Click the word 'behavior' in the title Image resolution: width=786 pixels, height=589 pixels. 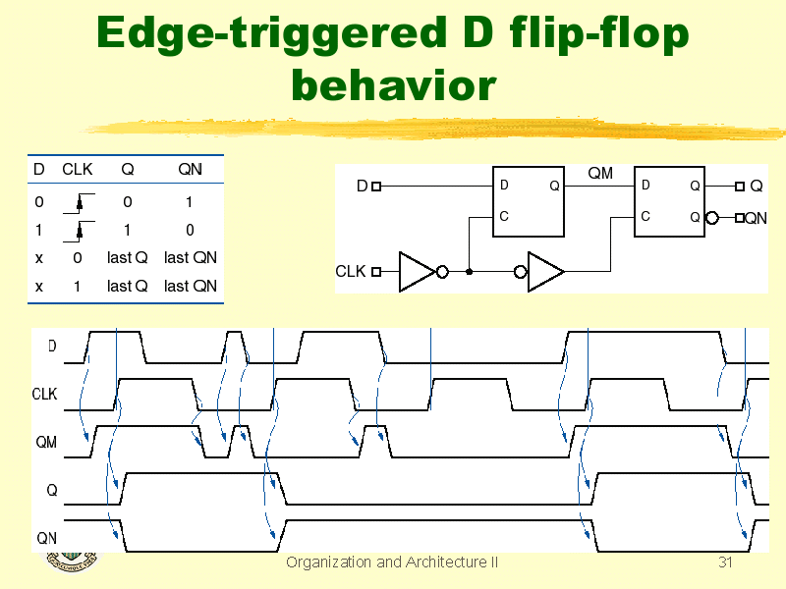393,85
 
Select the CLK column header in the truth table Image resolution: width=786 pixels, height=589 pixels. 78,169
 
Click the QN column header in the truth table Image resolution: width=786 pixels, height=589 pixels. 190,169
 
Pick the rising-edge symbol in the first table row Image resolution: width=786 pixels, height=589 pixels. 79,204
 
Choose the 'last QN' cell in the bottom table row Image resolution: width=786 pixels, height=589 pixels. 190,286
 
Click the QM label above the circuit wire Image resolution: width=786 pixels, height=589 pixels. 599,174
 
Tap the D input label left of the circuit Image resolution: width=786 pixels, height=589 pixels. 362,186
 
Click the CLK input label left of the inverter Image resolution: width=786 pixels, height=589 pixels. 351,271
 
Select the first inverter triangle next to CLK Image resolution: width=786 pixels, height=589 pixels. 416,272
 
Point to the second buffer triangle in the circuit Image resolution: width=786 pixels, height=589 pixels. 544,272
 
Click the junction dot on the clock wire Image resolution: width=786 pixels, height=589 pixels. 470,272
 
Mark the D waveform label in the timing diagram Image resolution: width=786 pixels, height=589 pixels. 52,347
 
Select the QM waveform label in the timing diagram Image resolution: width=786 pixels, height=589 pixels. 46,442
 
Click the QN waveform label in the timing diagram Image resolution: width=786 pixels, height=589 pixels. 46,538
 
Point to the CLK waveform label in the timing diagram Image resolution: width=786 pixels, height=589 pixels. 44,395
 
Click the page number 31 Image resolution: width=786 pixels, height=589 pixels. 726,562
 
